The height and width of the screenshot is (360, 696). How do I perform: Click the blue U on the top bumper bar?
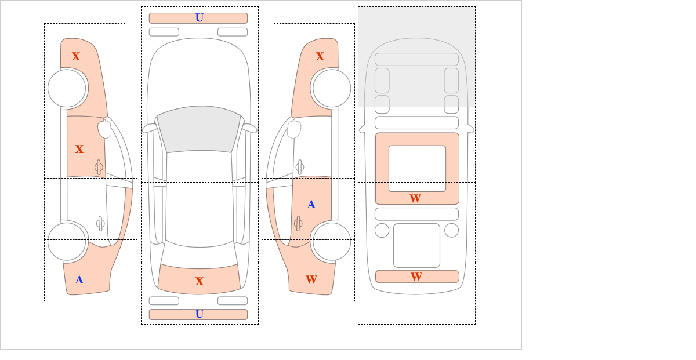point(200,18)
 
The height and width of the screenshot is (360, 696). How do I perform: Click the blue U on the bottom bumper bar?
point(200,314)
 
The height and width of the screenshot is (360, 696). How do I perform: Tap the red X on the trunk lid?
point(200,281)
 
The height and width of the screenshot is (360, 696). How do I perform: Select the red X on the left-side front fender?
point(76,56)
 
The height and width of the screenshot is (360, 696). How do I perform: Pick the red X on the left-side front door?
point(79,149)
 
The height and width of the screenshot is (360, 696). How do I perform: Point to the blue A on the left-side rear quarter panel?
point(79,280)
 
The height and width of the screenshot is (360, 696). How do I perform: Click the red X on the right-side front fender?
point(320,56)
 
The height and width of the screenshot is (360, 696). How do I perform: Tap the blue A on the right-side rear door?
point(311,205)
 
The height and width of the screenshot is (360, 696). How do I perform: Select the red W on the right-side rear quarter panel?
point(311,279)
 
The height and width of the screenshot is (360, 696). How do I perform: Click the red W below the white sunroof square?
point(415,198)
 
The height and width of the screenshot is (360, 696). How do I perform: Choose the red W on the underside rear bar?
point(416,277)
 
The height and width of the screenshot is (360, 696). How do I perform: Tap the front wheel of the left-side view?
point(67,88)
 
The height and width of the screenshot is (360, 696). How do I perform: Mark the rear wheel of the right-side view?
point(332,241)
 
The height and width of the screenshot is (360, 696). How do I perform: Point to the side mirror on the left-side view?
point(104,129)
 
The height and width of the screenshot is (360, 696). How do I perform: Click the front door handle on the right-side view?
point(299,168)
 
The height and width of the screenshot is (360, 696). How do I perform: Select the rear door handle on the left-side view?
point(100,223)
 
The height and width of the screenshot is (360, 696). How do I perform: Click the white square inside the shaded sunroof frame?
point(417,169)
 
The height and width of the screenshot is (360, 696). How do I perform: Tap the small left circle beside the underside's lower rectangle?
point(382,231)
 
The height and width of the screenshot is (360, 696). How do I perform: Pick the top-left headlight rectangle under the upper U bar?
point(164,32)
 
